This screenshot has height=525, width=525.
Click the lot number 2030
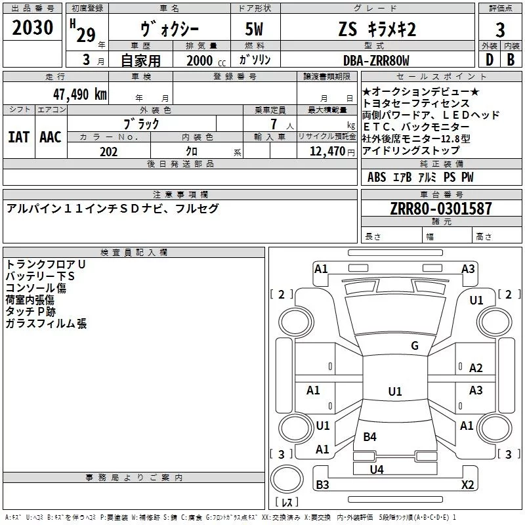pyautogui.click(x=33, y=28)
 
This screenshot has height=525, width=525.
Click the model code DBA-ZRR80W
pyautogui.click(x=376, y=61)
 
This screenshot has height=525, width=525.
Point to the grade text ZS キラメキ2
pyautogui.click(x=377, y=29)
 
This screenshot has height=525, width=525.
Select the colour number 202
pyautogui.click(x=108, y=152)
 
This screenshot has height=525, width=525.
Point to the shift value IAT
pyautogui.click(x=18, y=136)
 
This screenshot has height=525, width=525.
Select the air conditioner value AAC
pyautogui.click(x=51, y=136)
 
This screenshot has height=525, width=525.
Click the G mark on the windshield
pyautogui.click(x=414, y=346)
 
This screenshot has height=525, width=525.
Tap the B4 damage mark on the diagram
pyautogui.click(x=370, y=436)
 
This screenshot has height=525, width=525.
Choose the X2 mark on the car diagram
pyautogui.click(x=467, y=485)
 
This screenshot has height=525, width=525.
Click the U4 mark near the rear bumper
pyautogui.click(x=376, y=469)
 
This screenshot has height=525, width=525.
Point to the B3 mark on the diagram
pyautogui.click(x=323, y=485)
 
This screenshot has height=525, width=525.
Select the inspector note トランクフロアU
pyautogui.click(x=45, y=264)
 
